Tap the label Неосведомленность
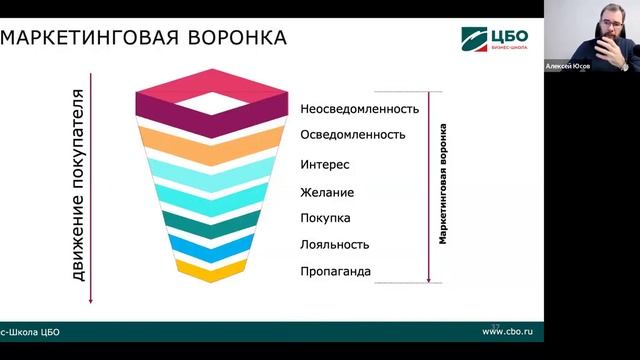pos(359,108)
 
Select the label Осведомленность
pos(352,134)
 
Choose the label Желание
pos(327,192)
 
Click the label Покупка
pos(325,218)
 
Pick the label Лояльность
pos(334,244)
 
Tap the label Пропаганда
pos(335,271)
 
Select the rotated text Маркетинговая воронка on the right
pos(442,185)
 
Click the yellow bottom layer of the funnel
pos(210,271)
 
